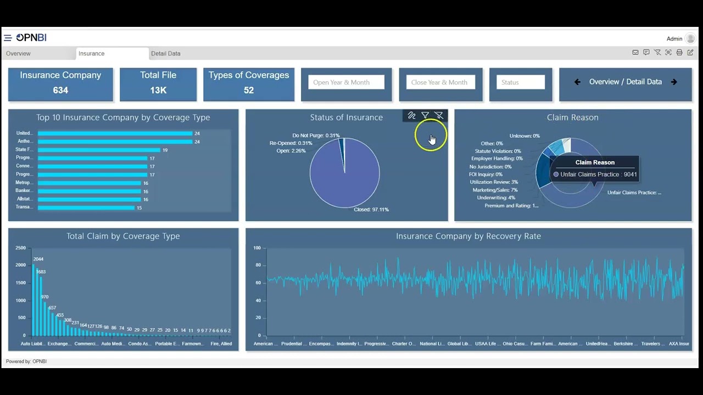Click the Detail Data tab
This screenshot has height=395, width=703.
[165, 54]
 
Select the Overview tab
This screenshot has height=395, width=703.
[18, 54]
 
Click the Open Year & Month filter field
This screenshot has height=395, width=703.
[346, 82]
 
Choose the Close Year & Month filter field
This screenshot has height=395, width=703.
[441, 82]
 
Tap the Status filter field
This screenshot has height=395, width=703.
[520, 82]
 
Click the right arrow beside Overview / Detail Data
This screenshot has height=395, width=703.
[674, 82]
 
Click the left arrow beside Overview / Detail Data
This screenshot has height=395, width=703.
[577, 82]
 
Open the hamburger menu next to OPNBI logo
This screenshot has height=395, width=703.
[8, 38]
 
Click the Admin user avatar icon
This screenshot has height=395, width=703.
[690, 38]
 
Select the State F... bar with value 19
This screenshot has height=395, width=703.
[99, 150]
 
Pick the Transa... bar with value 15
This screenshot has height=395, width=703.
[86, 207]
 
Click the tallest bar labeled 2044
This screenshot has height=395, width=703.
[34, 300]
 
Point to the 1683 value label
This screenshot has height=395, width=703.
[41, 272]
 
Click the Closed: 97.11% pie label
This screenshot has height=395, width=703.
[371, 210]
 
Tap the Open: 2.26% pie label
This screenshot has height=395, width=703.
[291, 151]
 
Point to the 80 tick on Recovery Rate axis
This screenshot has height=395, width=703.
[257, 266]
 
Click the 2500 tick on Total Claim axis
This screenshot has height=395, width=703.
[20, 248]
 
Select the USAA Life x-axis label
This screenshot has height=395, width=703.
[486, 344]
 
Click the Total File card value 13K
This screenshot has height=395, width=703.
[158, 90]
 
